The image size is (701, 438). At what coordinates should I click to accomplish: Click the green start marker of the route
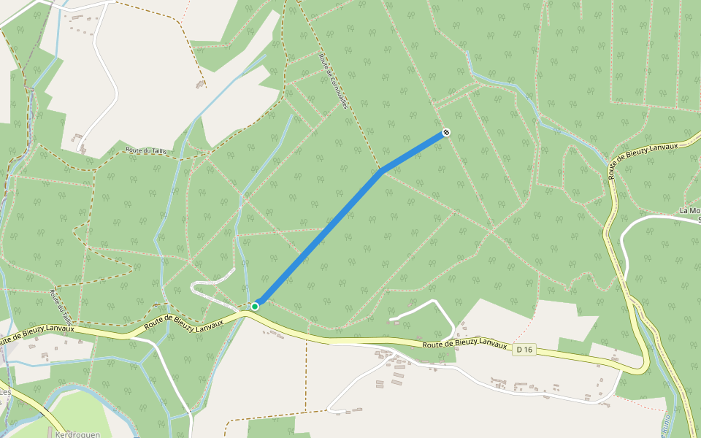point(255,307)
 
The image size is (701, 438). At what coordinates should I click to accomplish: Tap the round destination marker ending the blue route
point(445,133)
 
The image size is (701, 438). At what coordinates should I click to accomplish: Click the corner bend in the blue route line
point(380,172)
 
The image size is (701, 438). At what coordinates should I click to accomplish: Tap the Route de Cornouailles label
point(332,80)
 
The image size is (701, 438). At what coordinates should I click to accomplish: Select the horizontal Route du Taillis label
point(147,150)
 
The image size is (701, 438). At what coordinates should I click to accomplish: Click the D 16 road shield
point(524,350)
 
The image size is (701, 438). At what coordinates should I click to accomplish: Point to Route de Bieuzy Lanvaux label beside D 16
point(464,345)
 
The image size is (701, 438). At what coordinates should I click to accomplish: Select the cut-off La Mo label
point(689,211)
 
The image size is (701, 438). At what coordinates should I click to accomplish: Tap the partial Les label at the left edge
point(5,392)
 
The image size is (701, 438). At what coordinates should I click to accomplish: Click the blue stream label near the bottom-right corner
point(666,423)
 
